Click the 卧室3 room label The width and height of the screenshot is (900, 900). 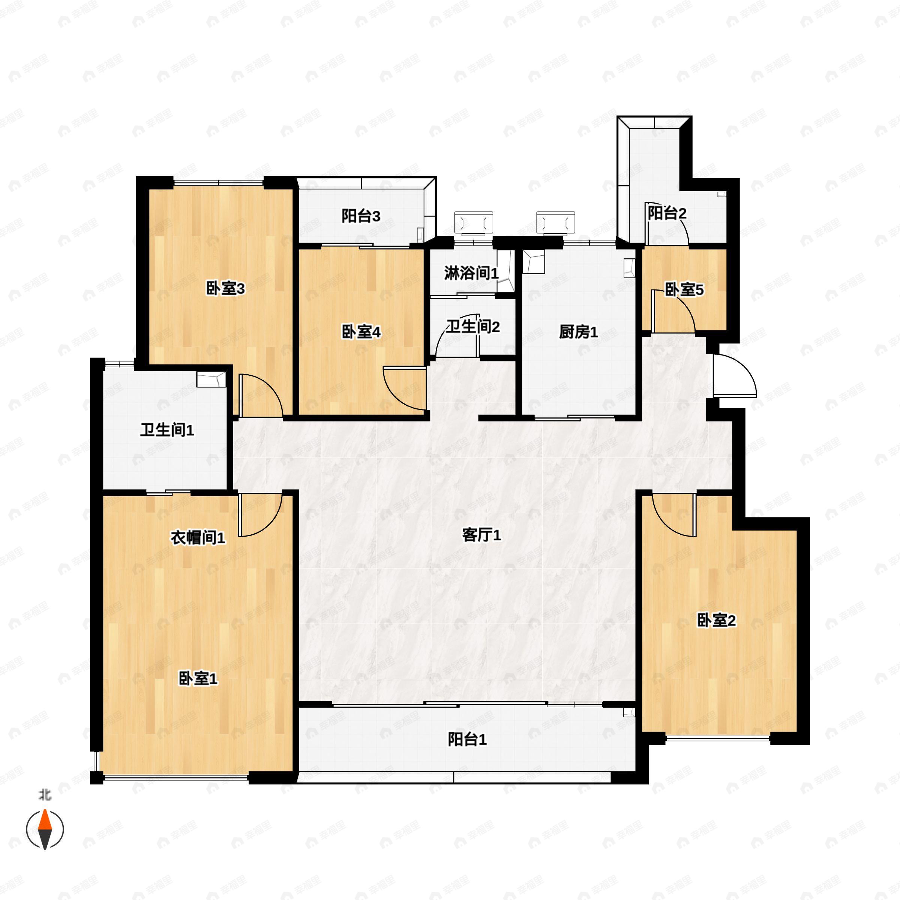(225, 289)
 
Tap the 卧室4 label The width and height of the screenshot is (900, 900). (361, 332)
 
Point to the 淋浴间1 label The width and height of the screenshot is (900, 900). (471, 273)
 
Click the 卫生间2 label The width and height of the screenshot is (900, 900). (473, 327)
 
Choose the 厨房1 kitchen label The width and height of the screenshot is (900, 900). (578, 332)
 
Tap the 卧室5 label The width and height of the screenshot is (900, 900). (684, 290)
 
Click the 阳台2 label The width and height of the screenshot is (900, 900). (667, 213)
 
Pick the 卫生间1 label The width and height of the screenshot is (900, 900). (167, 430)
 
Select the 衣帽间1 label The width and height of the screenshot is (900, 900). (198, 538)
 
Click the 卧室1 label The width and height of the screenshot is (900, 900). (198, 679)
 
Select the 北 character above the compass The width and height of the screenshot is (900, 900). (45, 795)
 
